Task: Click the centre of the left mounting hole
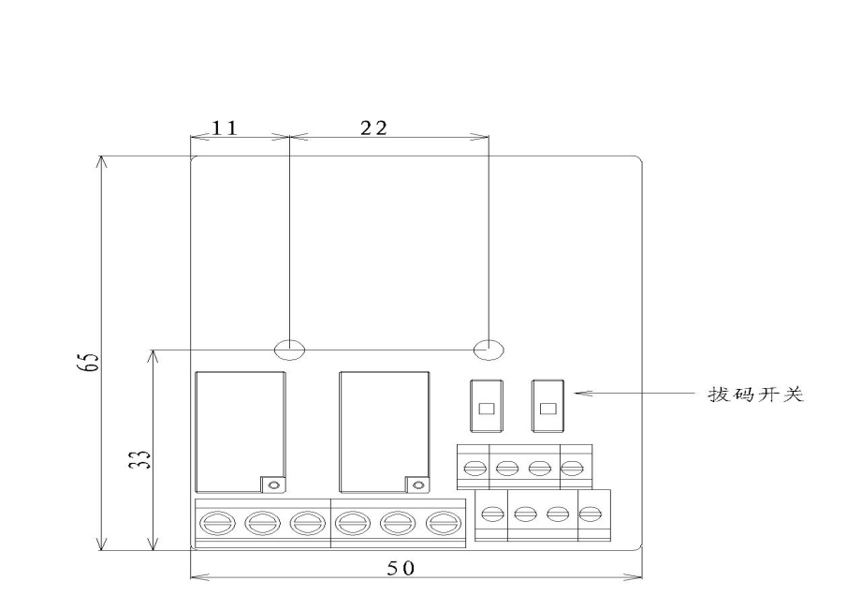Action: click(x=289, y=350)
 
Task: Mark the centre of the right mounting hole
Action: click(x=489, y=350)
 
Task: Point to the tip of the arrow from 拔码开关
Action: click(x=575, y=394)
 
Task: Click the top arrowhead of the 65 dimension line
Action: click(x=100, y=156)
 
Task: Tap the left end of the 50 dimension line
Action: click(x=191, y=577)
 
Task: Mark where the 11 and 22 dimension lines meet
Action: click(x=289, y=136)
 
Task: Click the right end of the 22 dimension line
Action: click(x=489, y=136)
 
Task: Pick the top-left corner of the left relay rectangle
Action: click(x=196, y=372)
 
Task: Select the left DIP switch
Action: click(x=487, y=405)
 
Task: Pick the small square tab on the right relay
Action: click(x=417, y=484)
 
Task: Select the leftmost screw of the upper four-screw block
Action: click(x=474, y=469)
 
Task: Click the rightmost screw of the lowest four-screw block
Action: click(x=590, y=514)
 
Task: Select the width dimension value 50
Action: click(x=401, y=568)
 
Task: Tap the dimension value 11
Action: click(x=225, y=128)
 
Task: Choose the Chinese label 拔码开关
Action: click(x=755, y=395)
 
